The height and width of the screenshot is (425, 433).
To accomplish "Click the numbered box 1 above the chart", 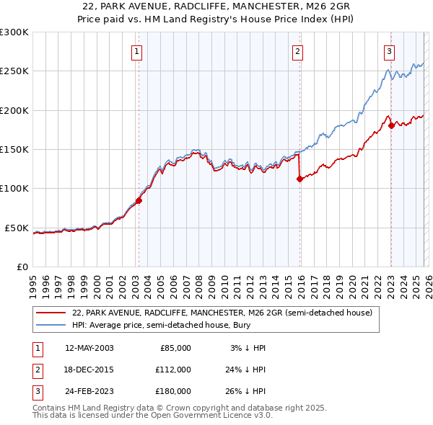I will [137, 50].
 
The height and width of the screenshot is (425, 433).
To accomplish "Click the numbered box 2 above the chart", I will [297, 50].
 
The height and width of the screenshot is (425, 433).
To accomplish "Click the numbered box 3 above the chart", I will [389, 50].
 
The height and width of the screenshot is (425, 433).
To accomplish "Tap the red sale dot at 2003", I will [139, 201].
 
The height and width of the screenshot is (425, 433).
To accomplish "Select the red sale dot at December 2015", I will [299, 180].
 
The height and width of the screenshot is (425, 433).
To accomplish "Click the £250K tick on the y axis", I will [14, 71].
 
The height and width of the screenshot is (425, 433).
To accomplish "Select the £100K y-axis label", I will [14, 189].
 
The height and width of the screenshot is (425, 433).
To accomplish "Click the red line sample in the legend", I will [51, 313].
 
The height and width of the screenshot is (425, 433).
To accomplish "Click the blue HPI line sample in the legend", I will [51, 326].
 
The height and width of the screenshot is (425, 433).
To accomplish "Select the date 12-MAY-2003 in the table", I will [89, 348].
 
